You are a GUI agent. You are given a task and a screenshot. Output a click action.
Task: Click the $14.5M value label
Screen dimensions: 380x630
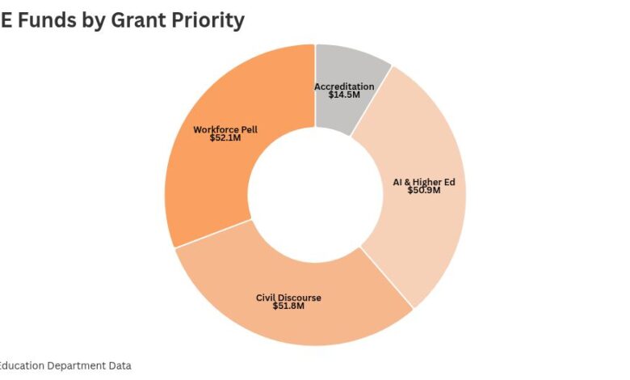pyautogui.click(x=344, y=95)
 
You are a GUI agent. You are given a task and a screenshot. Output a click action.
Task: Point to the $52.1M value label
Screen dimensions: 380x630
pyautogui.click(x=225, y=137)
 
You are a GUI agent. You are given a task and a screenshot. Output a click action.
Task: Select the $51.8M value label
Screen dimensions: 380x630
pyautogui.click(x=288, y=306)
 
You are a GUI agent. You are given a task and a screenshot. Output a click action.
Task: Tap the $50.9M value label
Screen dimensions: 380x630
pyautogui.click(x=423, y=191)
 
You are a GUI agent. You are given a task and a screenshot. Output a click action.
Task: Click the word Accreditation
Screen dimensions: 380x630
pyautogui.click(x=344, y=87)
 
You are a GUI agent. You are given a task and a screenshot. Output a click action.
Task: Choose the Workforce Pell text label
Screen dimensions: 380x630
pyautogui.click(x=225, y=129)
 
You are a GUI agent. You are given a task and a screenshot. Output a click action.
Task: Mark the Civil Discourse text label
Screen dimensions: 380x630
pyautogui.click(x=288, y=298)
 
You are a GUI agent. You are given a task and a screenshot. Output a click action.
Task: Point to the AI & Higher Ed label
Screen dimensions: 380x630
pyautogui.click(x=424, y=182)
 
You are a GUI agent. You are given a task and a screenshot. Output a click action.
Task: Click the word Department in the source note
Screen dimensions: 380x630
pyautogui.click(x=77, y=365)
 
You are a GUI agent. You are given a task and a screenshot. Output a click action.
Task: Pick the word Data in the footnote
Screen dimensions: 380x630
pyautogui.click(x=120, y=365)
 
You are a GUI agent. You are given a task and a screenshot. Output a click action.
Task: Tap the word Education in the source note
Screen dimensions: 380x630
pyautogui.click(x=23, y=365)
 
